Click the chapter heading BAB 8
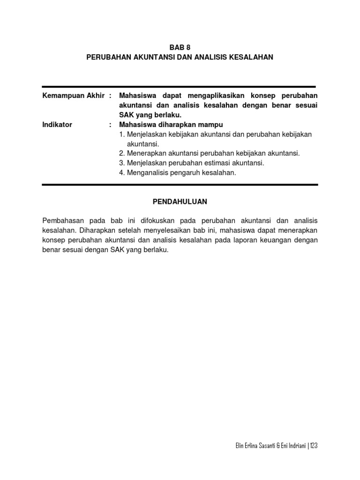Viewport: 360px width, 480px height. click(180, 47)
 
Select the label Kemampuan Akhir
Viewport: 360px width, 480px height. click(73, 96)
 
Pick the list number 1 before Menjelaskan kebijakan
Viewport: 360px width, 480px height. click(121, 135)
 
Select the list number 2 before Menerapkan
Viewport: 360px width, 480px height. click(121, 153)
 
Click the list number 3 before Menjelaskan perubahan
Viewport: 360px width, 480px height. click(121, 163)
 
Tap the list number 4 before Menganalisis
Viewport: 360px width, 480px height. click(121, 173)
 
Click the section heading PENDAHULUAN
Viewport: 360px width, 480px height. click(180, 202)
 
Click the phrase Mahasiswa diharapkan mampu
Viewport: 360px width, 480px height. click(171, 125)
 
